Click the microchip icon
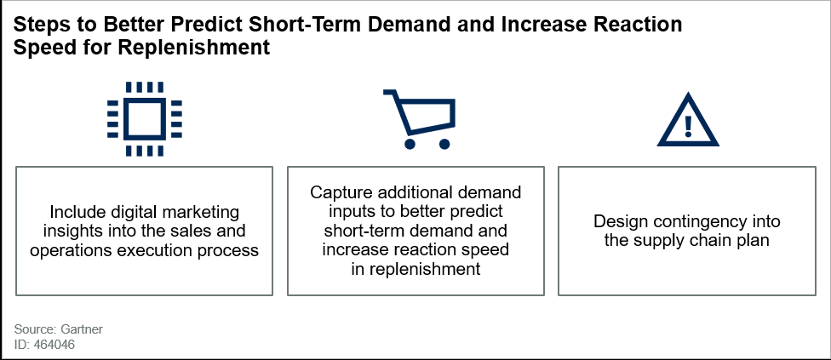[x=144, y=119]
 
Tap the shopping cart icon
[x=420, y=119]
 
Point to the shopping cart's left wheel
[x=410, y=144]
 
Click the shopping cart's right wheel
[x=444, y=144]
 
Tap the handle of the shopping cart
[x=391, y=93]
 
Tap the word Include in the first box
[x=72, y=212]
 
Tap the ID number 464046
[x=54, y=345]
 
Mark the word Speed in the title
[x=38, y=49]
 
